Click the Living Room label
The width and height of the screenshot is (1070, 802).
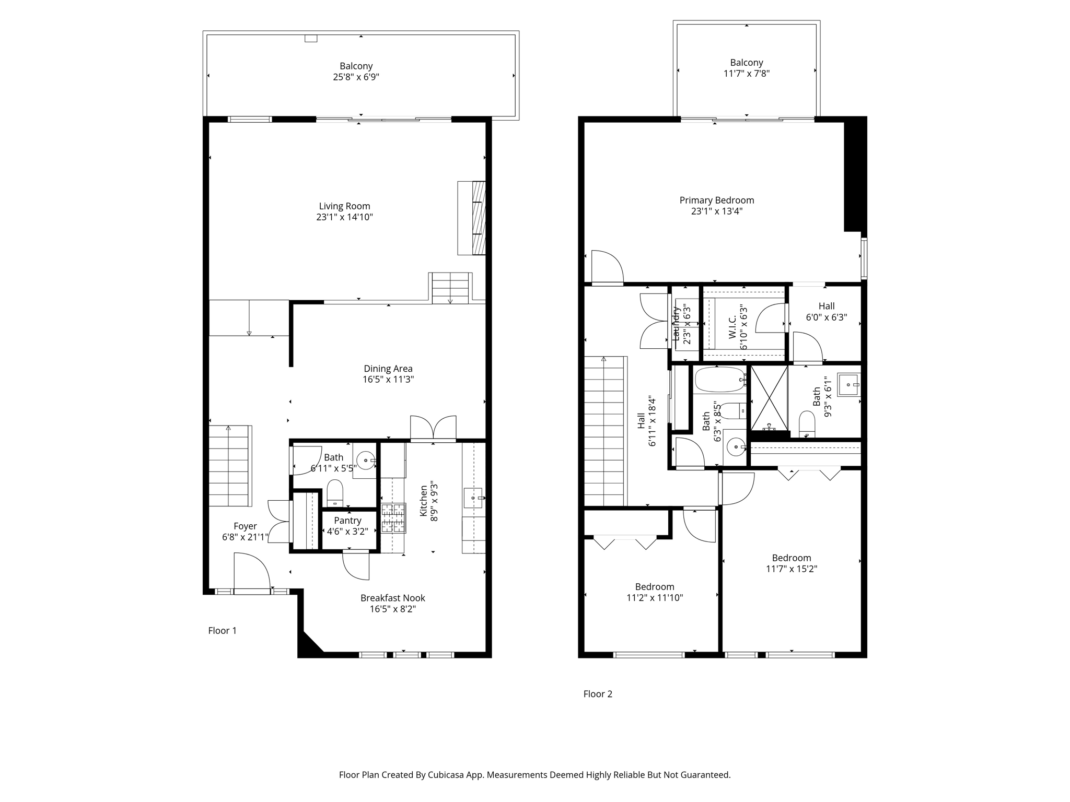344,206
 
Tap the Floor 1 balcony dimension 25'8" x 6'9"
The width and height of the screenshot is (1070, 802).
356,77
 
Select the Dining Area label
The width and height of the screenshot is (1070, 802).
388,369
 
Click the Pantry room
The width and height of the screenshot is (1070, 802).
348,530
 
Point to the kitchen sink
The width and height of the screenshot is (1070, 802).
473,498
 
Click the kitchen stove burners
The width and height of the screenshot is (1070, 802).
393,518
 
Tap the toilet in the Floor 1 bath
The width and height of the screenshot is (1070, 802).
335,493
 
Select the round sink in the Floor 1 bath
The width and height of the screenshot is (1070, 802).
366,461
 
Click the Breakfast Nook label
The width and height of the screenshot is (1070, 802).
393,598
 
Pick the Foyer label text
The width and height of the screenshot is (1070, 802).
245,526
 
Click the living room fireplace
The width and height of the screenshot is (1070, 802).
472,218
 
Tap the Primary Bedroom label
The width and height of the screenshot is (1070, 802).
717,200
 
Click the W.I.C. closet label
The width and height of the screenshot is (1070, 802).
732,326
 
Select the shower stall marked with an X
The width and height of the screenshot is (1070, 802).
769,398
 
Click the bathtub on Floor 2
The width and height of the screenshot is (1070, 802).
720,380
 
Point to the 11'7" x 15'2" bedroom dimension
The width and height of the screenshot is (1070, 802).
792,569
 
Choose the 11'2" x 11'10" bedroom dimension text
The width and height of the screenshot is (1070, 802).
655,598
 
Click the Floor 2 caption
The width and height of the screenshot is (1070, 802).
598,694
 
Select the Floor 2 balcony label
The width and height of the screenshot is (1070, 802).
747,63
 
